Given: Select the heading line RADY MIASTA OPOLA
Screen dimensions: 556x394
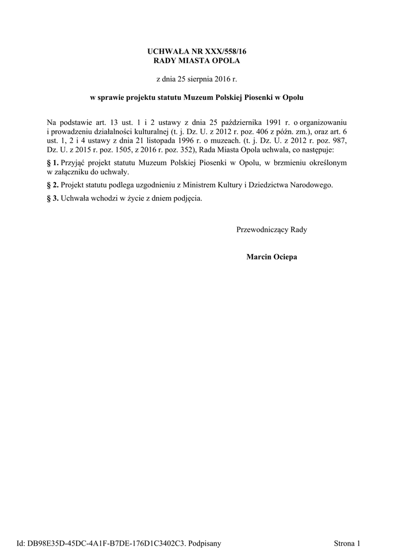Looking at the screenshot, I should coord(197,60).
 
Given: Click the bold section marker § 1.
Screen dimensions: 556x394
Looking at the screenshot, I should coord(53,162).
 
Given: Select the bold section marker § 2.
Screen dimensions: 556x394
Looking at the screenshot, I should coord(53,185).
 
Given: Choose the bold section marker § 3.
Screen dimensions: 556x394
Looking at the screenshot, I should coord(53,198).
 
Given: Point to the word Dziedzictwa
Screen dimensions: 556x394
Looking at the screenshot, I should coord(270,185).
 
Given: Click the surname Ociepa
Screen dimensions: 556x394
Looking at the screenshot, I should coord(284,256).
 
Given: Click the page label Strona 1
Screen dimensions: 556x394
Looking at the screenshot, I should coord(347,542).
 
